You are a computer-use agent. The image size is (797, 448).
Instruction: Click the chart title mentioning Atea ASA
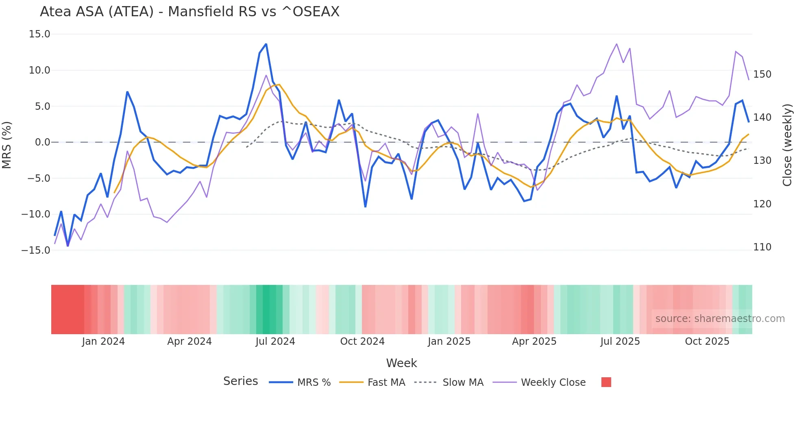189,12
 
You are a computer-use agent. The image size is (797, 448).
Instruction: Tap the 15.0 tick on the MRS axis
39,34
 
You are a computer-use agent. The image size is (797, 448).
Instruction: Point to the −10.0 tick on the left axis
36,214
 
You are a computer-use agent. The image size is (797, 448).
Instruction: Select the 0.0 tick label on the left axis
42,142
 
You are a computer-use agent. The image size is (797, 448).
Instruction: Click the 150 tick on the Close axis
762,74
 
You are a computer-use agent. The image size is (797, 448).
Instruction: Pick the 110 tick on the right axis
762,247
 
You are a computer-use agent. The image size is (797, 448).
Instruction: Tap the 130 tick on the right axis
762,161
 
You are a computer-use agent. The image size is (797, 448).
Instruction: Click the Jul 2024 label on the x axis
275,341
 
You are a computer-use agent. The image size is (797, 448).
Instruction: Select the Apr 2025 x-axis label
534,341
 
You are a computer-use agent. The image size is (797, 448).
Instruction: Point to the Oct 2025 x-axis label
707,341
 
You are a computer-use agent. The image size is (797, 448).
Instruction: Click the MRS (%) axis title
7,145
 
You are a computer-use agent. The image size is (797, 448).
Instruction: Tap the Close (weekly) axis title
788,145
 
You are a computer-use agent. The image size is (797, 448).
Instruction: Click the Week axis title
401,363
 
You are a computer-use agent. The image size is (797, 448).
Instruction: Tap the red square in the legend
606,382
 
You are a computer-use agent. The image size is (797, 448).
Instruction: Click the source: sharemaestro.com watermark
720,319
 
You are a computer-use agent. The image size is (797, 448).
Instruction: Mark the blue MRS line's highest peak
266,44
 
